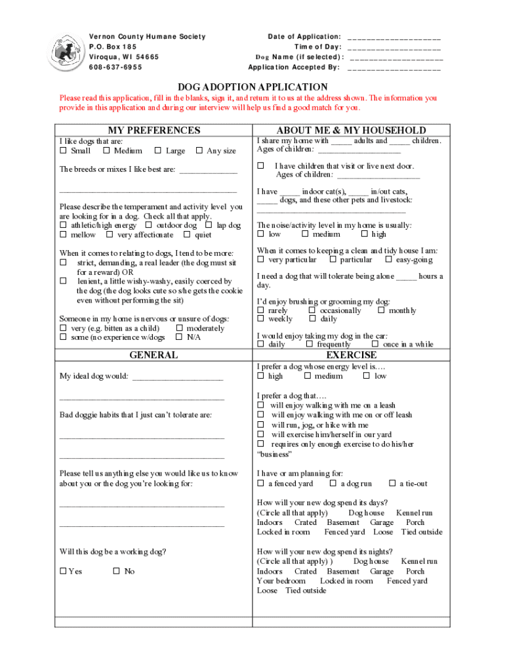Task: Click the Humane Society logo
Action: click(68, 51)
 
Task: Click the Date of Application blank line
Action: click(394, 38)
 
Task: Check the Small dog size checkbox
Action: click(63, 151)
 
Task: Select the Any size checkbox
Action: click(199, 151)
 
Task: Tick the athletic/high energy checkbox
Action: click(63, 226)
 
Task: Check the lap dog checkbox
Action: click(209, 226)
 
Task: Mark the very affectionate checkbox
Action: click(110, 235)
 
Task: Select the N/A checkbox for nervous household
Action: click(179, 337)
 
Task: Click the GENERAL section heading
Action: click(153, 355)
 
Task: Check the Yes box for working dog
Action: click(63, 572)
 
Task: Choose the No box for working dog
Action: click(116, 572)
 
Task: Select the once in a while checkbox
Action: click(374, 345)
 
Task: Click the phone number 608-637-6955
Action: click(115, 67)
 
